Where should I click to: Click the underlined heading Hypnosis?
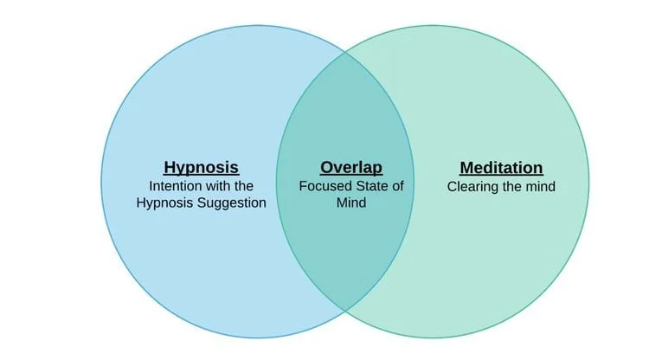[x=201, y=168]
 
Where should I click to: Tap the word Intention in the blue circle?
[x=176, y=186]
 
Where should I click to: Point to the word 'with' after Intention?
[x=219, y=186]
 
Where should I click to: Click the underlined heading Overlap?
[x=350, y=168]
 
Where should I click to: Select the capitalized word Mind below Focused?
[x=350, y=202]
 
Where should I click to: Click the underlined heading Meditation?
[x=501, y=168]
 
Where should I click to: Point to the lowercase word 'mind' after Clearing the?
[x=538, y=186]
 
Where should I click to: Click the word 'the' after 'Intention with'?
[x=245, y=186]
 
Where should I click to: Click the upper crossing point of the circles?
[x=345, y=53]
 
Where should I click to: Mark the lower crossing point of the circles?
[x=345, y=309]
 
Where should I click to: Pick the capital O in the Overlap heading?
[x=326, y=168]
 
